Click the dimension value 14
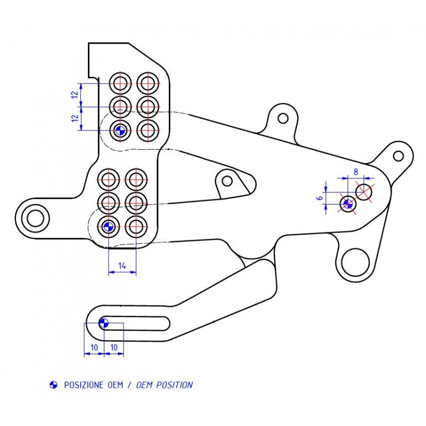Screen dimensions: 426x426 click(x=122, y=265)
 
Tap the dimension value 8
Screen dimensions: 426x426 click(x=355, y=172)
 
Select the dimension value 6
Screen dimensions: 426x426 click(x=319, y=197)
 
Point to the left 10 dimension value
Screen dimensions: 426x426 click(x=94, y=347)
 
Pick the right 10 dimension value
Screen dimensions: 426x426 click(x=113, y=347)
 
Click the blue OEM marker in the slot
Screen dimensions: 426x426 click(x=104, y=323)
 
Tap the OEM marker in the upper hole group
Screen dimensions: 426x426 click(x=120, y=129)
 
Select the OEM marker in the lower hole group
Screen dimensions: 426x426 click(x=108, y=226)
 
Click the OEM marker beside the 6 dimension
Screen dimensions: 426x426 click(x=348, y=203)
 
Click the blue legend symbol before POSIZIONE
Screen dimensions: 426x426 click(x=53, y=385)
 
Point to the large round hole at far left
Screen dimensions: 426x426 click(x=36, y=217)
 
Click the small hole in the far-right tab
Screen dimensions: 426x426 click(x=398, y=156)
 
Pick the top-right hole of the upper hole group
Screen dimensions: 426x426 click(x=148, y=83)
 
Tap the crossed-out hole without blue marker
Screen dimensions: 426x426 click(x=364, y=191)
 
